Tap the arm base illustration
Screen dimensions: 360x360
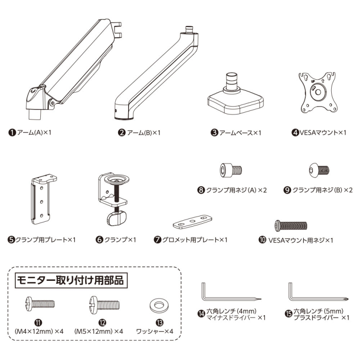tap(235, 98)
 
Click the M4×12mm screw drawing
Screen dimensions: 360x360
tap(40, 303)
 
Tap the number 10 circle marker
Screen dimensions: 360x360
tap(262, 240)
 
